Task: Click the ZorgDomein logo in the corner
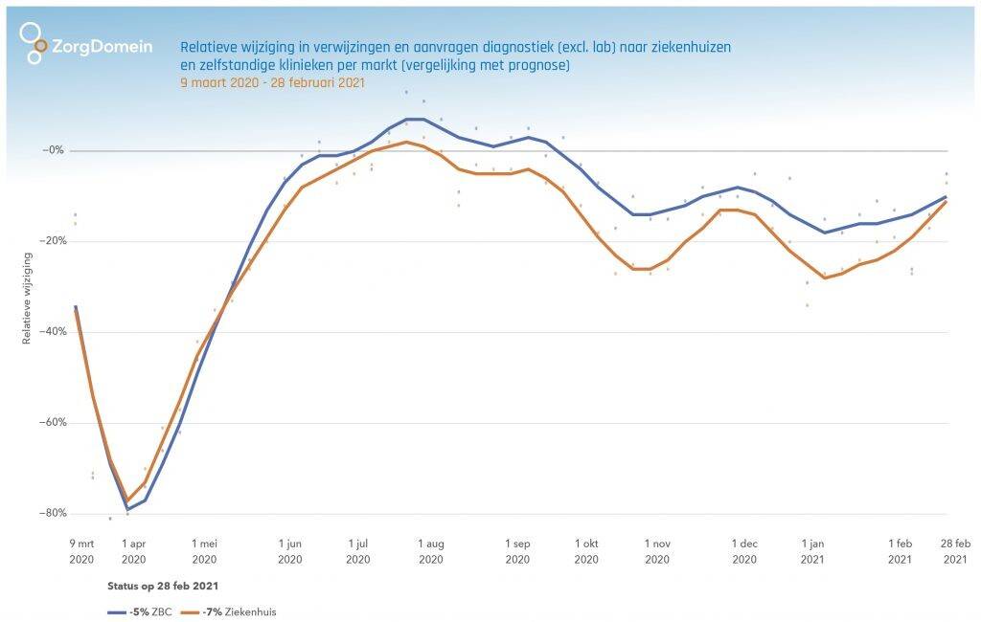coord(85,44)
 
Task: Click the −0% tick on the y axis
coord(53,150)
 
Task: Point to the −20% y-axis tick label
coord(50,241)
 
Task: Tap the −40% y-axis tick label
coord(50,332)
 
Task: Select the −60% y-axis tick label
coord(50,422)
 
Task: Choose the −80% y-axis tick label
coord(50,513)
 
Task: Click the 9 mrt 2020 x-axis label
coord(81,551)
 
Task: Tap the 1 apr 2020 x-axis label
coord(133,551)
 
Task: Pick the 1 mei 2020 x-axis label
coord(204,551)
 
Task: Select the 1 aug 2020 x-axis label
coord(431,551)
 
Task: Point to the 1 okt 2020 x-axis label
coord(586,551)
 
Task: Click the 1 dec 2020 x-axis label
coord(743,551)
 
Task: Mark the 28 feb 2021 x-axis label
coord(955,551)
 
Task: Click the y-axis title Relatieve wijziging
coord(27,298)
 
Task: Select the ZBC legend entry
coord(136,611)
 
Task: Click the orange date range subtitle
coord(273,83)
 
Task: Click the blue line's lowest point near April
coord(127,509)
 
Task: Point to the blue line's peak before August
coord(415,119)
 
